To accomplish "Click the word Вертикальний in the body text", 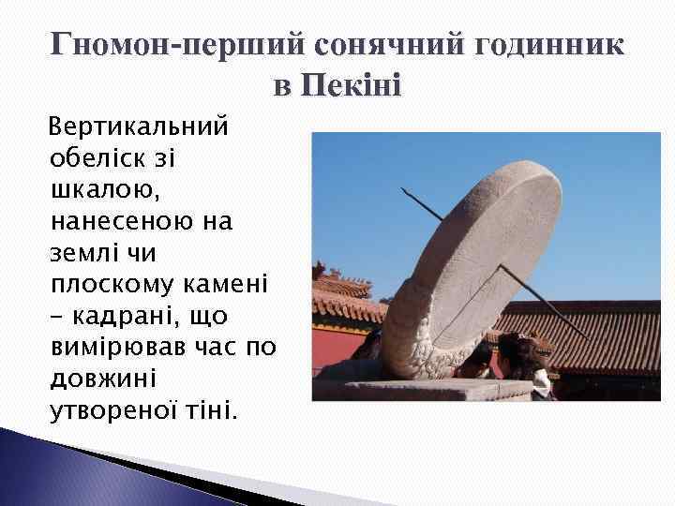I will (x=138, y=126).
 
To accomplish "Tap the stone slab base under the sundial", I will (x=412, y=388).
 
